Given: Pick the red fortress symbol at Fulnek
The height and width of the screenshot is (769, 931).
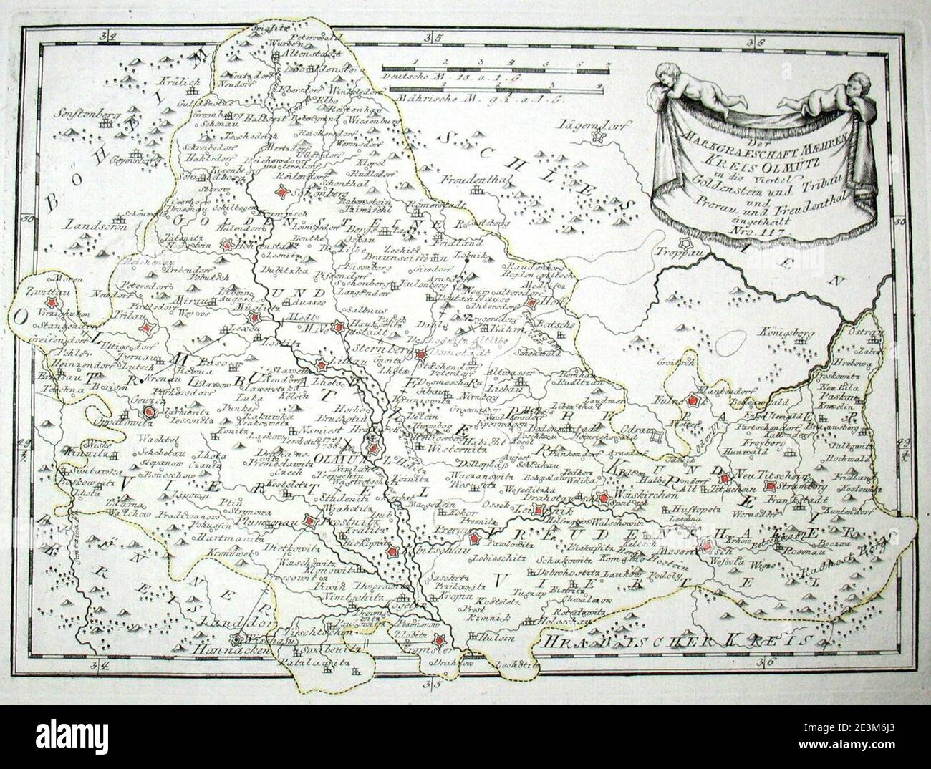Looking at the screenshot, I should coord(693,402).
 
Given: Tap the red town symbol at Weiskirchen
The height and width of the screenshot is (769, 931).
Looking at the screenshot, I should coord(604,498).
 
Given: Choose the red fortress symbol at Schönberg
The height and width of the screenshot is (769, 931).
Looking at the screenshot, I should coord(285,192).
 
